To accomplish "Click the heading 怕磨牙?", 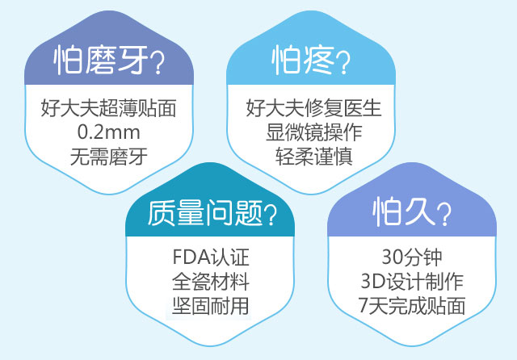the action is tap(109, 61).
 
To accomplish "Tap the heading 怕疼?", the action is tap(310, 61).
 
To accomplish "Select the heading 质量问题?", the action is tap(212, 213).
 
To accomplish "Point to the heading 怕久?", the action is tap(412, 211).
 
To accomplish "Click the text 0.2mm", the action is tap(109, 132).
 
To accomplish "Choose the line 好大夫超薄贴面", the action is tap(108, 108).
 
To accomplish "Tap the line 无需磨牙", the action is tap(109, 157).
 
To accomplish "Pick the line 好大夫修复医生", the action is tap(313, 108).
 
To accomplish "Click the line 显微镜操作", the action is tap(314, 132).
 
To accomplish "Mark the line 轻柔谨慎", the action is tap(314, 157).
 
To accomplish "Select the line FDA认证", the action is tap(211, 257).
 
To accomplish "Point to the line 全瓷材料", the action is tap(211, 282).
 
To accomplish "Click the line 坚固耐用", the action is tap(211, 306).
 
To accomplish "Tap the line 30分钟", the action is tap(412, 257).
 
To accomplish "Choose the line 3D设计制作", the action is tap(412, 282).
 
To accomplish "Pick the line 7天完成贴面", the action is tap(412, 306).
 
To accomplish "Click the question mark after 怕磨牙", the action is tap(158, 62).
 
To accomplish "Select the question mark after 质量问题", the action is tap(271, 215).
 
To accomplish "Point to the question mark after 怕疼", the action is tap(343, 62).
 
